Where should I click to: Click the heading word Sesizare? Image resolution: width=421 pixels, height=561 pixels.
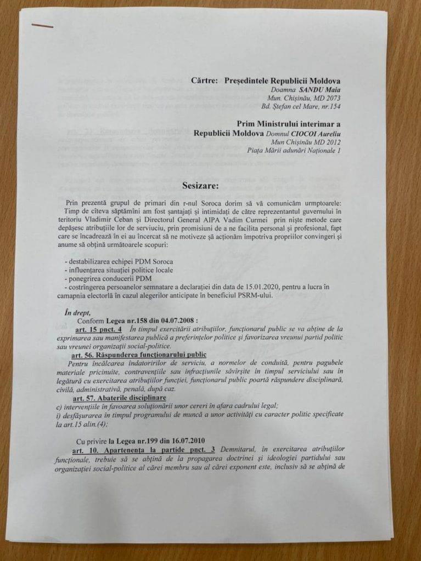click(201, 186)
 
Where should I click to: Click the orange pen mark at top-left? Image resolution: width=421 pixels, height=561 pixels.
click(42, 25)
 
